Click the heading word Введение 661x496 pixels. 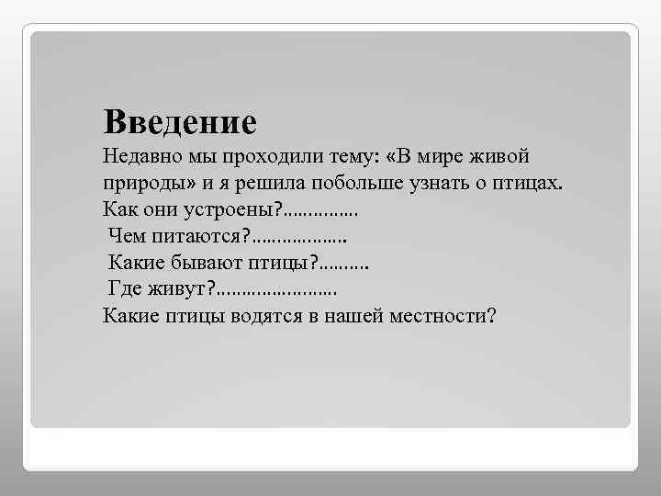(180, 121)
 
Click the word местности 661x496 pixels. (454, 316)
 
